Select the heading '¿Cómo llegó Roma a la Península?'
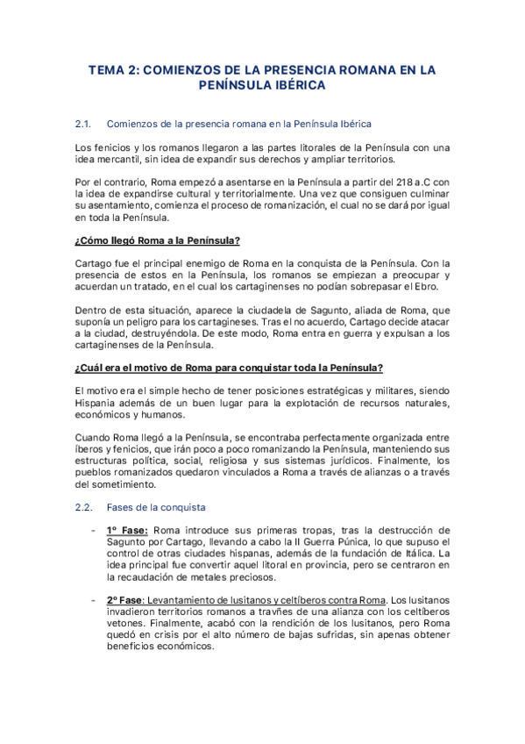click(158, 240)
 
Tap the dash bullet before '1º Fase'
click(93, 531)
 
